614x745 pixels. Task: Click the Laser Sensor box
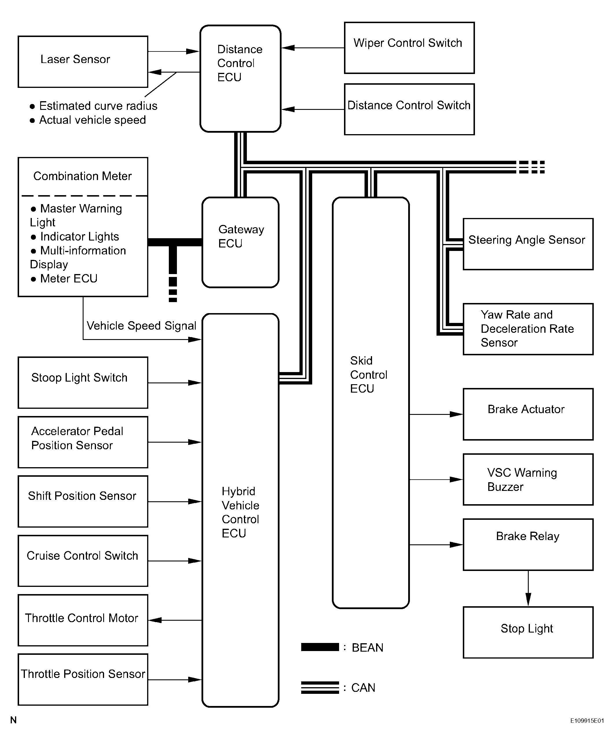tap(83, 62)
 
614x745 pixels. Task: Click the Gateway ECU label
tap(241, 236)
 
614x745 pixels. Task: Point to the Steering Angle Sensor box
tap(528, 244)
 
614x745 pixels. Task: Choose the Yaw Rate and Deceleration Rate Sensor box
tap(528, 329)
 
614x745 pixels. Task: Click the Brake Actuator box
tap(528, 414)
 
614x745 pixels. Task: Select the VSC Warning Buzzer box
tap(528, 479)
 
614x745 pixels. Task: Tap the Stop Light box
tap(528, 633)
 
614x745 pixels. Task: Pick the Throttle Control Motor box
tap(83, 620)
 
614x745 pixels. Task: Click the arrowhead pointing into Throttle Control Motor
tap(155, 620)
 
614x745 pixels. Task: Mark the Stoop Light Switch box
tap(83, 382)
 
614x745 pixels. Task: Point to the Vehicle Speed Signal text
tap(141, 326)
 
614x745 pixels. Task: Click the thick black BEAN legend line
tap(320, 647)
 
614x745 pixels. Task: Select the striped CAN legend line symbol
tap(320, 687)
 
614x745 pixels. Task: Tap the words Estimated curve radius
tap(98, 106)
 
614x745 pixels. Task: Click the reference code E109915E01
tap(587, 721)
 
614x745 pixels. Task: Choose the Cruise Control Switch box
tap(83, 561)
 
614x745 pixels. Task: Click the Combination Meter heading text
tap(82, 176)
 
